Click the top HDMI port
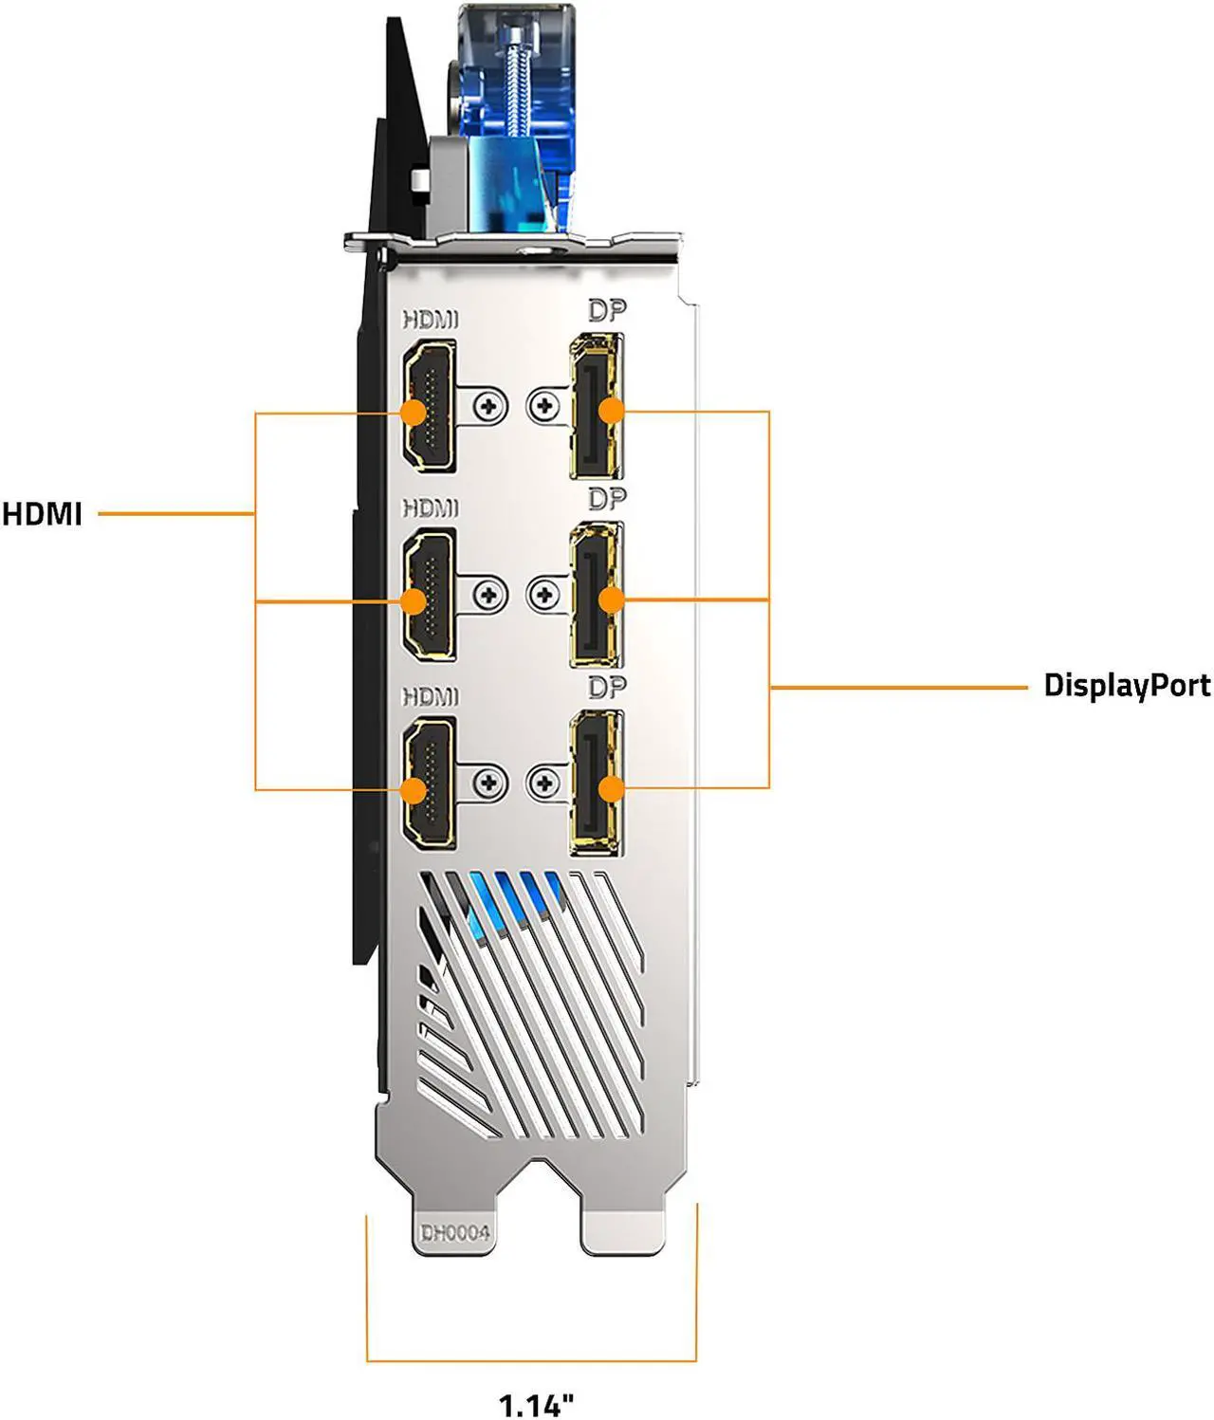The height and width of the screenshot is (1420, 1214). click(x=430, y=409)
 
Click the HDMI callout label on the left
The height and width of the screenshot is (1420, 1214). click(x=43, y=514)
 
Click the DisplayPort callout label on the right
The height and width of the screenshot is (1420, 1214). click(x=1126, y=685)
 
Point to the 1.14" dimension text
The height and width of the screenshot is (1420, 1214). click(x=537, y=1403)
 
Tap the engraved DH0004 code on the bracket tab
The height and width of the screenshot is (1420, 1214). click(x=455, y=1232)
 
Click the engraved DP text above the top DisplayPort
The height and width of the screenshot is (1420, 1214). click(x=607, y=310)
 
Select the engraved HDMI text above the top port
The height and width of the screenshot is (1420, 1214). click(x=431, y=320)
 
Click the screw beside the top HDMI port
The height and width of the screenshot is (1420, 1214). click(x=489, y=407)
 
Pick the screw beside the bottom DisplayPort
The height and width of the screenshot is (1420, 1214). click(x=543, y=784)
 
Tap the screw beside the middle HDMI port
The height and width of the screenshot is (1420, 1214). click(x=489, y=596)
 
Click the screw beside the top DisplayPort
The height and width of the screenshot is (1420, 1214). click(x=543, y=407)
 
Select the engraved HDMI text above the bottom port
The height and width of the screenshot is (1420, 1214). click(x=431, y=696)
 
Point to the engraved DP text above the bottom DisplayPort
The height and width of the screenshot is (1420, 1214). click(x=607, y=686)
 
